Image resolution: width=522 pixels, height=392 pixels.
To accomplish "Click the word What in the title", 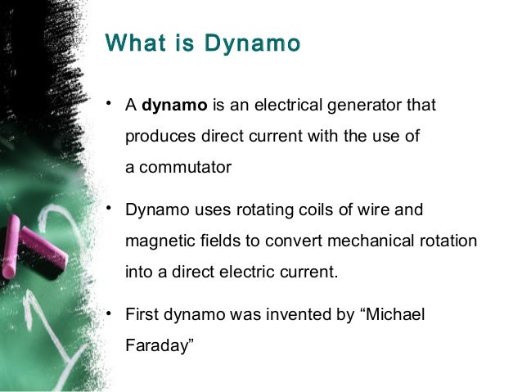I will tap(134, 43).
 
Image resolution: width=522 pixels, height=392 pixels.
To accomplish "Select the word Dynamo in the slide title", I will tap(254, 43).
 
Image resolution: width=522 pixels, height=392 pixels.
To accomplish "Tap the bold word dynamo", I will tap(175, 106).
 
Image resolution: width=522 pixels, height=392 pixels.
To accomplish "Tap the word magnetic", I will tap(157, 241).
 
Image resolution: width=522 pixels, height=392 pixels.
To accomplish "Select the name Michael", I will tap(396, 315).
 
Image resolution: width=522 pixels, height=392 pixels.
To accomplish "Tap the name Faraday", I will tap(158, 346).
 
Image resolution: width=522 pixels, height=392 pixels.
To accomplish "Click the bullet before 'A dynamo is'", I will tap(110, 105).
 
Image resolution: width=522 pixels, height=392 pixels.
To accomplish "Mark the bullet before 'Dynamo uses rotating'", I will tap(110, 210).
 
